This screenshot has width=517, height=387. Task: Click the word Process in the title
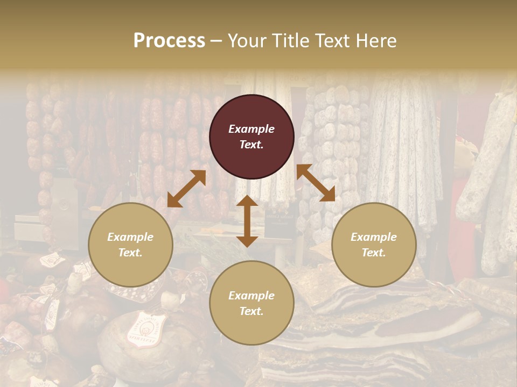point(169,41)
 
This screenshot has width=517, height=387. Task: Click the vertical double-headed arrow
point(247,221)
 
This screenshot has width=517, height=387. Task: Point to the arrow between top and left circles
point(186,189)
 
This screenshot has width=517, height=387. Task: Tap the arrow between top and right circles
point(316,183)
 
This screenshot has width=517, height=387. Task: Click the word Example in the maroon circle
point(251,129)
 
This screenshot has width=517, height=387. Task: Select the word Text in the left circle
point(130,253)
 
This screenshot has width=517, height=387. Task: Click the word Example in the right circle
point(374,237)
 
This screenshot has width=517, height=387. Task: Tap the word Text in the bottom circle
point(251,312)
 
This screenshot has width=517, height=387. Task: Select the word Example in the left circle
point(130,237)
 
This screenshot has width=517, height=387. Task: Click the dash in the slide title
point(216,41)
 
